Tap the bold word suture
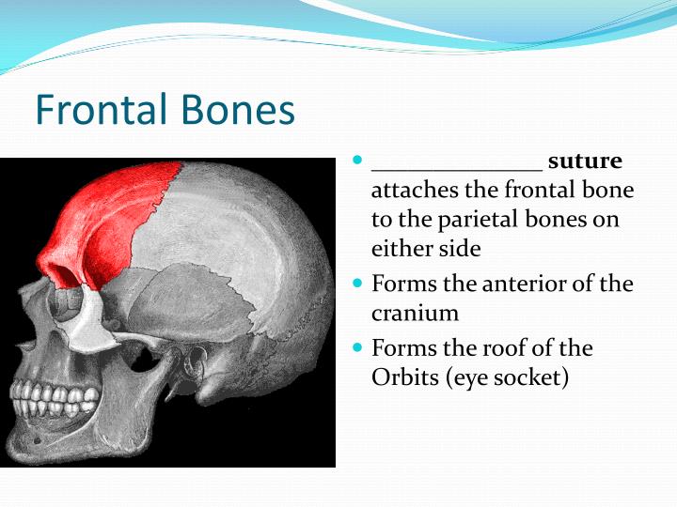[585, 161]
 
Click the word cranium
[415, 313]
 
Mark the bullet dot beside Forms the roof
[357, 347]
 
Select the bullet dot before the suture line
[357, 161]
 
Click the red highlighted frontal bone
[113, 216]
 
